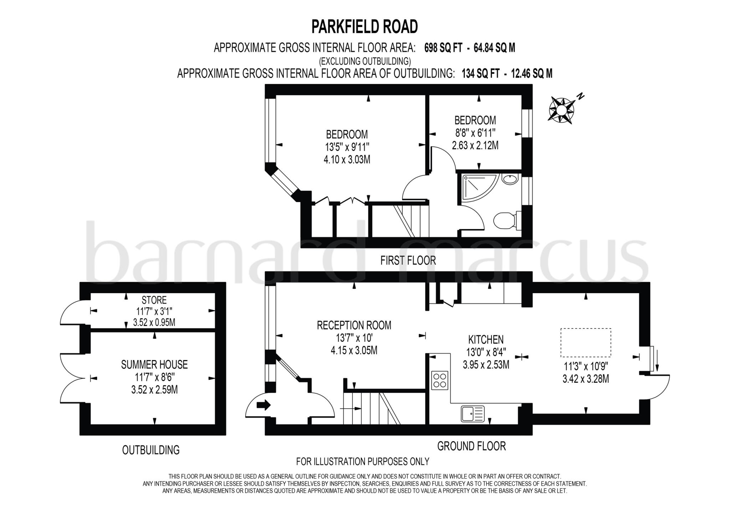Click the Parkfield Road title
click(364, 27)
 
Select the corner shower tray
click(477, 188)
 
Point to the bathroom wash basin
click(510, 179)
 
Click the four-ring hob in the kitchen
click(439, 380)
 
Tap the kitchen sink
click(473, 413)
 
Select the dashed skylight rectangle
click(586, 343)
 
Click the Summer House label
click(154, 365)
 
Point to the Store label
click(154, 300)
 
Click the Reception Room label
click(354, 325)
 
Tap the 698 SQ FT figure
click(443, 48)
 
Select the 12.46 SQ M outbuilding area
click(531, 74)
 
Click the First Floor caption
click(408, 261)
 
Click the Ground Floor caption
click(471, 446)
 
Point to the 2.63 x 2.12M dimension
click(475, 145)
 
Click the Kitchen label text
click(485, 339)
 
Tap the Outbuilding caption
click(151, 450)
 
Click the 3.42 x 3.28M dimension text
click(586, 379)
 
